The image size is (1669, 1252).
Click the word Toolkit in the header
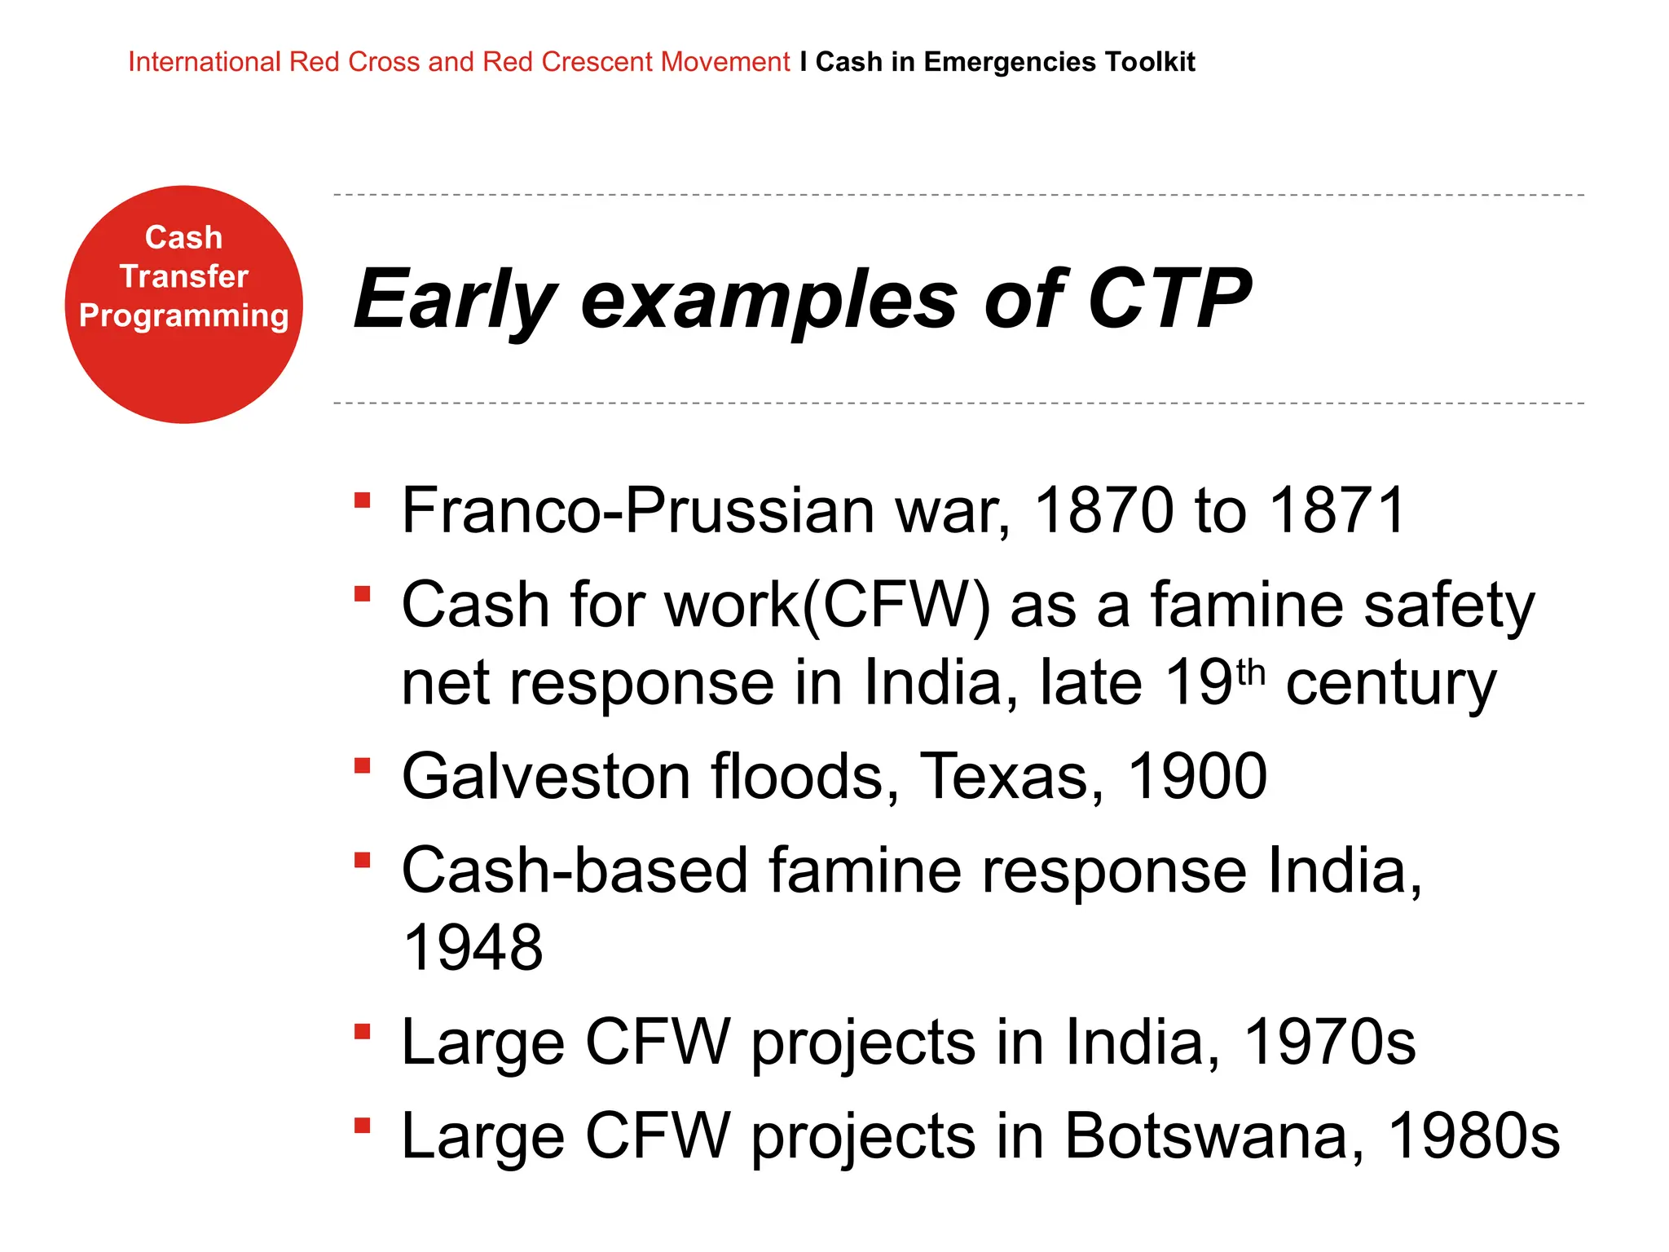1150,62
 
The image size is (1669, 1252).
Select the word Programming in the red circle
184,315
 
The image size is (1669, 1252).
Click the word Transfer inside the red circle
184,276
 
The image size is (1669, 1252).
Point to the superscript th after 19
1250,674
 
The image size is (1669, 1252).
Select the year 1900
1196,776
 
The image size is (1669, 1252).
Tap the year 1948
473,948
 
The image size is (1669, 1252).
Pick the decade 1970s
1330,1042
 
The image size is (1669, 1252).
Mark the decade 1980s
1473,1135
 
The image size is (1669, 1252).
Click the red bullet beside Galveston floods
363,765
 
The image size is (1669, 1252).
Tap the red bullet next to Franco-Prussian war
363,500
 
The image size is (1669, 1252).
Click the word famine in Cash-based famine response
865,871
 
